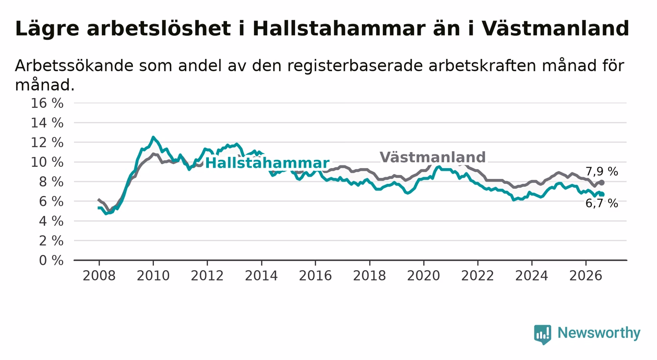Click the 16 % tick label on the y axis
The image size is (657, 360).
point(47,103)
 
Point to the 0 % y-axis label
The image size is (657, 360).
point(51,260)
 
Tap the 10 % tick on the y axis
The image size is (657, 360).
point(47,162)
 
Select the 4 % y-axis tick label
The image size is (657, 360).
point(51,221)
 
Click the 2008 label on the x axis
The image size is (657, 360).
point(99,276)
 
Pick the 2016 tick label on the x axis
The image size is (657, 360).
point(315,276)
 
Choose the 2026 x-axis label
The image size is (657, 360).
point(586,276)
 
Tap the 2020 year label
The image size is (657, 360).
point(424,276)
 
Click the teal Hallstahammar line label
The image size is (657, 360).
point(267,163)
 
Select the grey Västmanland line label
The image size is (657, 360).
point(432,157)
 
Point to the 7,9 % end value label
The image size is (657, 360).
point(602,171)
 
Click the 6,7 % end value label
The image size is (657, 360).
point(602,204)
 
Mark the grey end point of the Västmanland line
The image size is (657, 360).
point(602,182)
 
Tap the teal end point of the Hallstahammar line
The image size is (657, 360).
point(602,194)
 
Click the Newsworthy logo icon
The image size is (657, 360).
point(542,334)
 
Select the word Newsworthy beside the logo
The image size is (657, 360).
point(599,333)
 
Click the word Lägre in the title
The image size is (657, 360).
point(47,29)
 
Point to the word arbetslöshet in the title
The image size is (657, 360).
point(159,28)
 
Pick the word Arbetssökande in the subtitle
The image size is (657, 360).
point(75,65)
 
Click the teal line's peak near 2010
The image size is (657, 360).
point(153,137)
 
